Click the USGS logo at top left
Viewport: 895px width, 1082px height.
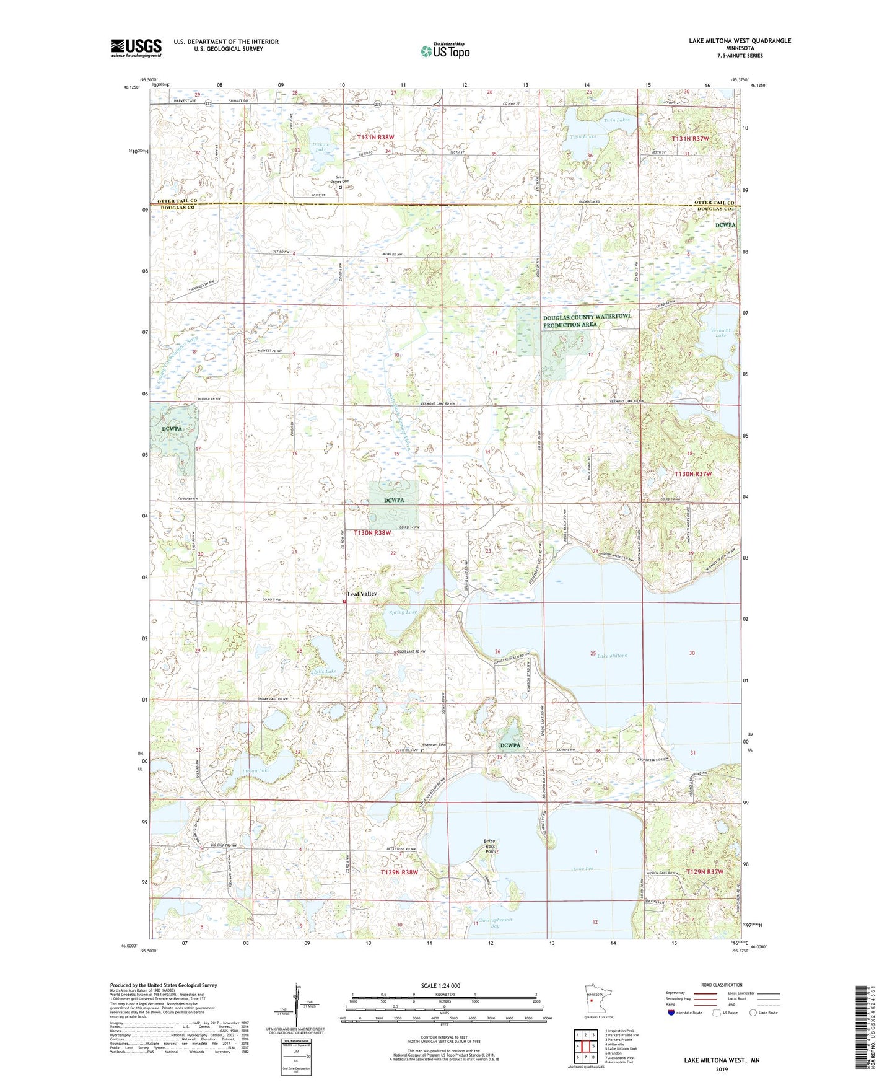tap(136, 48)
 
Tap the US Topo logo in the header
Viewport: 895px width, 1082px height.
tap(445, 51)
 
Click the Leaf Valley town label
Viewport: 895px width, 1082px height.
tap(362, 594)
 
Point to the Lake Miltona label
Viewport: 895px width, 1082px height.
tap(612, 655)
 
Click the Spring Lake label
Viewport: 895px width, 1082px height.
tap(403, 612)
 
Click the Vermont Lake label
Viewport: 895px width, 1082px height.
tap(720, 333)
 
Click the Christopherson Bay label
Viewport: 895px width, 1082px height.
tap(495, 923)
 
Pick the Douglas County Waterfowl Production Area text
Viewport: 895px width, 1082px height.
tap(587, 320)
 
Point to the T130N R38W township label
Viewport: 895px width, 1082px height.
tap(373, 532)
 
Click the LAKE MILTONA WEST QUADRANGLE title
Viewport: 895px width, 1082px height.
tap(740, 41)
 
